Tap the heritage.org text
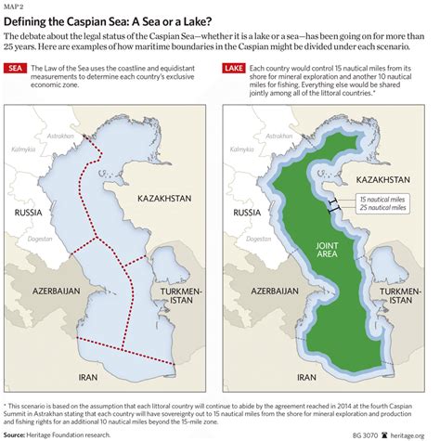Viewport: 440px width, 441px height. [414, 434]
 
